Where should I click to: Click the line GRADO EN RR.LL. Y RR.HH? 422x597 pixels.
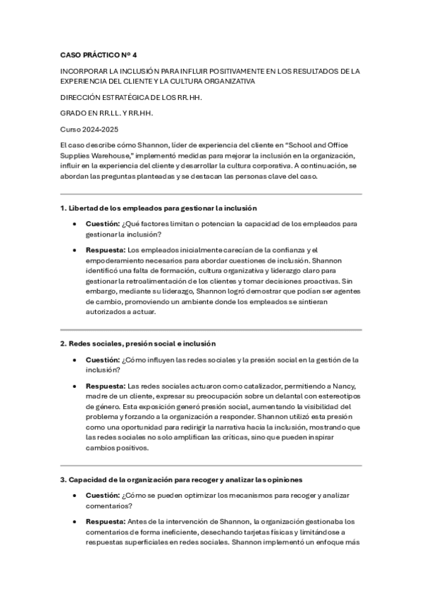click(x=106, y=113)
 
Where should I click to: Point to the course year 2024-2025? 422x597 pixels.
click(x=98, y=128)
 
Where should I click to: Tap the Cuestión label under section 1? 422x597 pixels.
click(x=102, y=224)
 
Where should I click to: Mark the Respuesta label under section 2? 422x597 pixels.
click(x=105, y=386)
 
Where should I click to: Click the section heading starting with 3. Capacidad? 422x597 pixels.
click(x=182, y=479)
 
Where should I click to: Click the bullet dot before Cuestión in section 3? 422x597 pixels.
click(x=75, y=496)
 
